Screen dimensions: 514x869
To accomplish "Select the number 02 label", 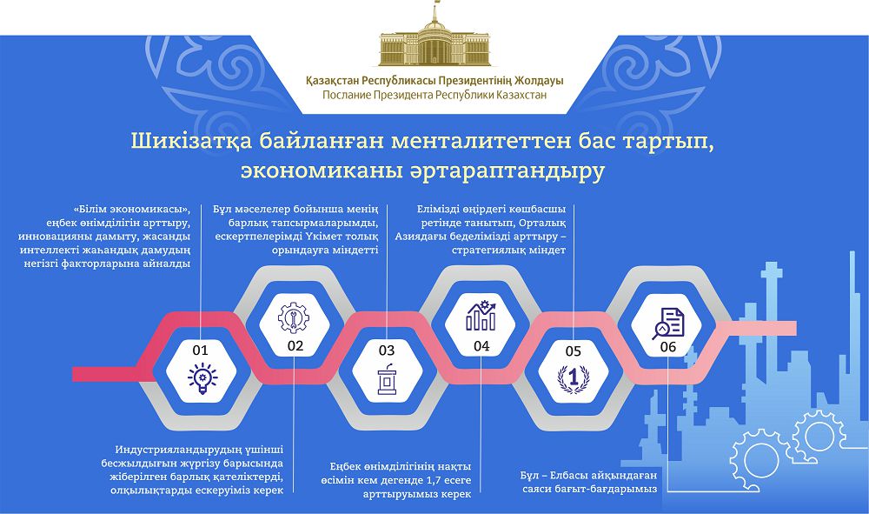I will (x=295, y=346).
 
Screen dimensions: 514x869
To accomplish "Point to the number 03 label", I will (x=387, y=350).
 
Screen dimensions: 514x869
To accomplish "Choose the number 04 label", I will (x=481, y=346).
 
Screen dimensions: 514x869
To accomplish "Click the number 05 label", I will (x=573, y=350).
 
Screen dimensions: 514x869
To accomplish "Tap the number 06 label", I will (x=667, y=346).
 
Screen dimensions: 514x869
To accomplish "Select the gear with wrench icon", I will (x=293, y=316).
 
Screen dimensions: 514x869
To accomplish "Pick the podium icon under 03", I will (x=386, y=381).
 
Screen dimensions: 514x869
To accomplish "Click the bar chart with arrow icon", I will (x=481, y=316).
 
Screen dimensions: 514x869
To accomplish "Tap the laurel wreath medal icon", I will (x=573, y=380).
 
